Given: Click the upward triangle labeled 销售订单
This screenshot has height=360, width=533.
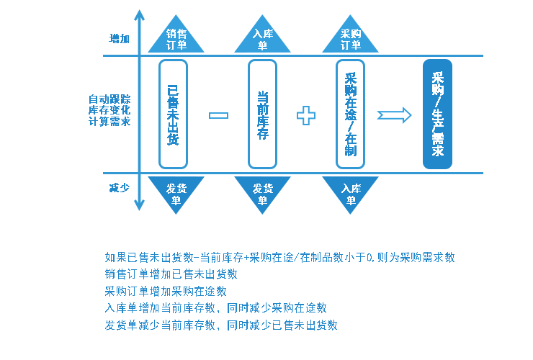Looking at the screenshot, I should tap(176, 38).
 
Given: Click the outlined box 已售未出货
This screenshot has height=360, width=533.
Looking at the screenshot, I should tap(173, 114).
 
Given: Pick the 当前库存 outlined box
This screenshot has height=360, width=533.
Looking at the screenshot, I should tap(262, 114).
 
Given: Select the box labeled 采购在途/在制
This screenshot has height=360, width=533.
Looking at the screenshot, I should tap(350, 114).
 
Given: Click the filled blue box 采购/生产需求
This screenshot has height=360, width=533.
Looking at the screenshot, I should tap(437, 114).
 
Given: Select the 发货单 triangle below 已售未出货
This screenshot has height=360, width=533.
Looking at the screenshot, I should tap(176, 192).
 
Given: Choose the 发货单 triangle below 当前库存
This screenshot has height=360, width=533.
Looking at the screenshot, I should tap(262, 192).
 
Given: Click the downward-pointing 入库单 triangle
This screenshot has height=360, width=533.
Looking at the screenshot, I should tap(350, 192).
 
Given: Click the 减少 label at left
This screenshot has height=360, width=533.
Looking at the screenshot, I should tap(119, 188).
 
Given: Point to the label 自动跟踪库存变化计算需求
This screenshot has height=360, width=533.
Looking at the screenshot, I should tap(109, 110).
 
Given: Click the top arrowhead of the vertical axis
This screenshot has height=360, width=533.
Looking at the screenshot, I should tap(139, 14).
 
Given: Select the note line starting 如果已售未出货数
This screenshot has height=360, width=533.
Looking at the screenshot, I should tap(279, 257).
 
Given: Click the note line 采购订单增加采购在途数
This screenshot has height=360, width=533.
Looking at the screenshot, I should tap(166, 291).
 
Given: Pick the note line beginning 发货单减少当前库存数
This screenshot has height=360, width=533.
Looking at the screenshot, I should tap(221, 325).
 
